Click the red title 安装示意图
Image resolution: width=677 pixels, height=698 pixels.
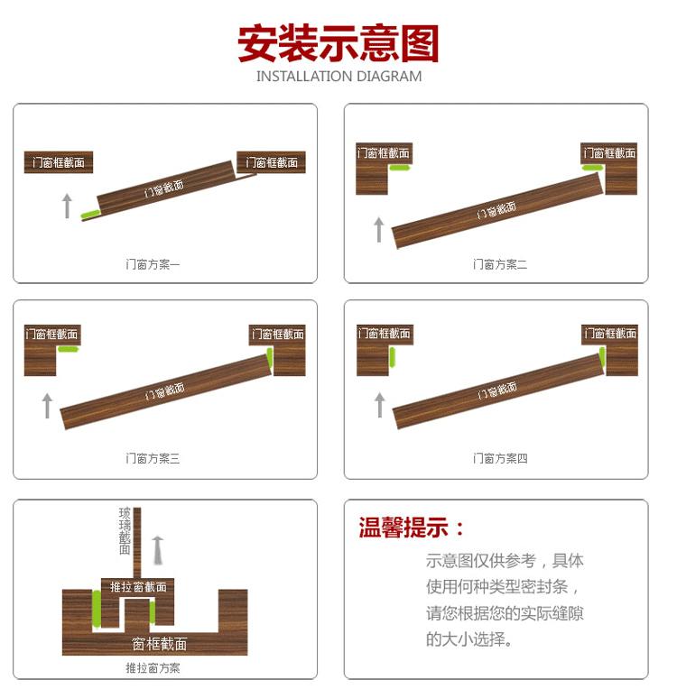[x=338, y=43]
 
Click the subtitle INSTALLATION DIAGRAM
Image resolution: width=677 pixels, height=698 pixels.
[x=338, y=77]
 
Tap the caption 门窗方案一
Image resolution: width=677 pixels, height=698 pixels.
[x=153, y=264]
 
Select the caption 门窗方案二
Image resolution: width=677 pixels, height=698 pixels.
[x=500, y=264]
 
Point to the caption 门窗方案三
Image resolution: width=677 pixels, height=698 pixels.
[x=153, y=459]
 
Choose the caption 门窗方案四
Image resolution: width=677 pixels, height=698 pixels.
[x=500, y=459]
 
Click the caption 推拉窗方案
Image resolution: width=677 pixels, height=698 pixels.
[x=153, y=668]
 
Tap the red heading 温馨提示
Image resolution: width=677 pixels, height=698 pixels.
[x=412, y=528]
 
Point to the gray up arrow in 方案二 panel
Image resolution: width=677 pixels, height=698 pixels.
[x=379, y=229]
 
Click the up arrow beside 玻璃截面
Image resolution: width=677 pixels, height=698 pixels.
[x=159, y=549]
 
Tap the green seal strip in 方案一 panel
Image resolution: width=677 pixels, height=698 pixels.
[x=90, y=215]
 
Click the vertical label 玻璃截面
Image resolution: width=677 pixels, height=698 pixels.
[x=125, y=531]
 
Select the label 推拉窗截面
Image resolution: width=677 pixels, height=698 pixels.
[x=138, y=587]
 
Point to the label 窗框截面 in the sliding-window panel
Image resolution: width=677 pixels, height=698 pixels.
[x=160, y=644]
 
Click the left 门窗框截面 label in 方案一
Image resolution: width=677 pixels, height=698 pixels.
[x=59, y=163]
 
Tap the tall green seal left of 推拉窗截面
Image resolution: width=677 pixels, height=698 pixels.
[x=95, y=610]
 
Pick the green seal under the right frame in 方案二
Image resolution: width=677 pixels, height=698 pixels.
[x=593, y=168]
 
